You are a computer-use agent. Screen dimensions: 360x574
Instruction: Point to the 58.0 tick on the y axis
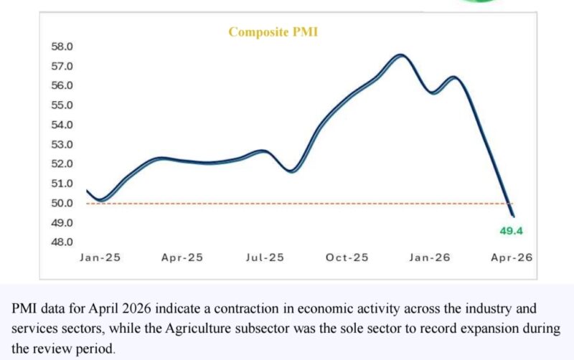pyautogui.click(x=62, y=47)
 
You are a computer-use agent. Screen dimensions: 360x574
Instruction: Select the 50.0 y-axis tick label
pyautogui.click(x=62, y=203)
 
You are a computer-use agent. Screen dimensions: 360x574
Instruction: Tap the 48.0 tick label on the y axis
pyautogui.click(x=62, y=242)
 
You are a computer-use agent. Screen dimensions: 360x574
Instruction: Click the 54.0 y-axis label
pyautogui.click(x=62, y=125)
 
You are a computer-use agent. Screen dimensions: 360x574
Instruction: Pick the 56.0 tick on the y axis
pyautogui.click(x=62, y=85)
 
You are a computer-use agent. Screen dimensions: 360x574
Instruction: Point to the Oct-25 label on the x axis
pyautogui.click(x=347, y=257)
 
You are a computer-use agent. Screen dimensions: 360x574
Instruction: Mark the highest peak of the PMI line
pyautogui.click(x=400, y=55)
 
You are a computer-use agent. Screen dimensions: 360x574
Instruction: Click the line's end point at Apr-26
pyautogui.click(x=513, y=215)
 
